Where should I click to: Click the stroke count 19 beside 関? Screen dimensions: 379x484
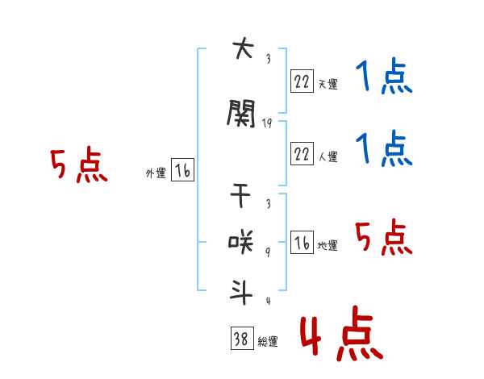coord(268,123)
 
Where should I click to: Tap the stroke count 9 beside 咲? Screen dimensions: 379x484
coord(268,252)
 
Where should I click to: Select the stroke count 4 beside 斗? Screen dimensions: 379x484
coord(267,301)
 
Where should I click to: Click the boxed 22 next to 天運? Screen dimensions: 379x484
coord(302,81)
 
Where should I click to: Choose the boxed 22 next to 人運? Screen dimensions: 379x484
coord(302,153)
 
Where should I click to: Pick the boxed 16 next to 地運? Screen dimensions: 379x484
coord(302,243)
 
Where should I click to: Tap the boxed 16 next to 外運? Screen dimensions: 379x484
coord(182,170)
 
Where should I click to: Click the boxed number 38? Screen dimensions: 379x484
coord(240,339)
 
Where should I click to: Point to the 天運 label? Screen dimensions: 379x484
coord(328,84)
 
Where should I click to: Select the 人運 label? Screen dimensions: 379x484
coord(328,156)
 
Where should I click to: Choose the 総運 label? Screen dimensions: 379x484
coord(267,342)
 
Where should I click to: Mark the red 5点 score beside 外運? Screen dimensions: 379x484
coord(78,166)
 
